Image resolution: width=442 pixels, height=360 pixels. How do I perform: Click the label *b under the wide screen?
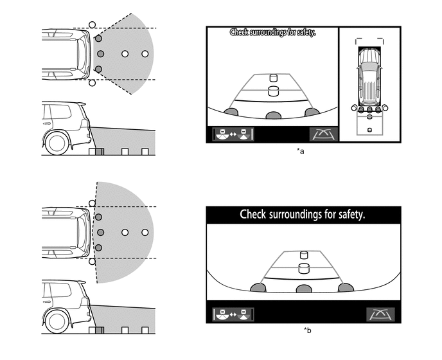point(308,330)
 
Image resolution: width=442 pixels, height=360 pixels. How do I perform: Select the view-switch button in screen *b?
point(234,314)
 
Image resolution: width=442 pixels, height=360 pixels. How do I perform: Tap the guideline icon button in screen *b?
point(380,314)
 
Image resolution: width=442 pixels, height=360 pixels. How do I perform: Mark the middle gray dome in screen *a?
point(274,116)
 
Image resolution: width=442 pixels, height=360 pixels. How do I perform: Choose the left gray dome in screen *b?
point(260,289)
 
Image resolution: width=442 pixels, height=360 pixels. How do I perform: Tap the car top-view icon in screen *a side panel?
point(369,78)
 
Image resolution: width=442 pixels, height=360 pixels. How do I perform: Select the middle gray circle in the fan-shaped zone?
point(99,54)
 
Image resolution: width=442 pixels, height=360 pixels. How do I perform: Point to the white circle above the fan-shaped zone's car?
point(92,24)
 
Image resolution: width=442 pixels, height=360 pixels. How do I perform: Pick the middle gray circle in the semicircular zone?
point(99,232)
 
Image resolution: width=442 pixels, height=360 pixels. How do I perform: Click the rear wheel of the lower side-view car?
point(57,320)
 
